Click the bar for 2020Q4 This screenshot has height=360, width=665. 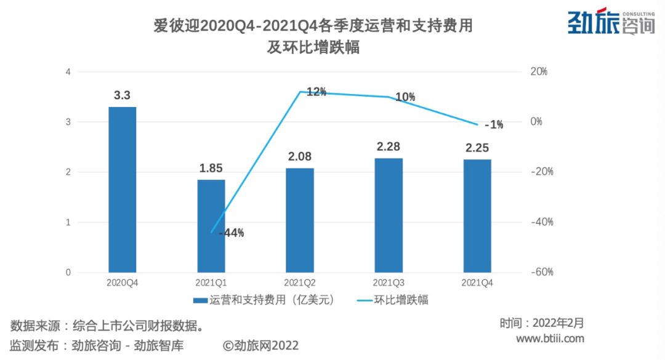coord(123,190)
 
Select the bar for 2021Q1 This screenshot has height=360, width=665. coord(211,226)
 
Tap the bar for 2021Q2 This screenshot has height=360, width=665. coord(300,220)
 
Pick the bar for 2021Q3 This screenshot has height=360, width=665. coord(389,215)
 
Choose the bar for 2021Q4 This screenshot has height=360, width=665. coord(477,216)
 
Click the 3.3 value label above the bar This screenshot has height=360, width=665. coord(122,95)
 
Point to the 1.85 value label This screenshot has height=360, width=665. coord(211,168)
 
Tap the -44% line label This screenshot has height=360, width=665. coord(232,233)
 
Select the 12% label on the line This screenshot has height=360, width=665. coord(316,92)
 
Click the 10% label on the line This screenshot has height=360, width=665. coord(405,97)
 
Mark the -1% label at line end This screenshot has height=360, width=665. coord(493,125)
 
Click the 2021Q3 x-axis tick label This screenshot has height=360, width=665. coord(389,282)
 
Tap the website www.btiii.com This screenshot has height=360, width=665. coord(549,339)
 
